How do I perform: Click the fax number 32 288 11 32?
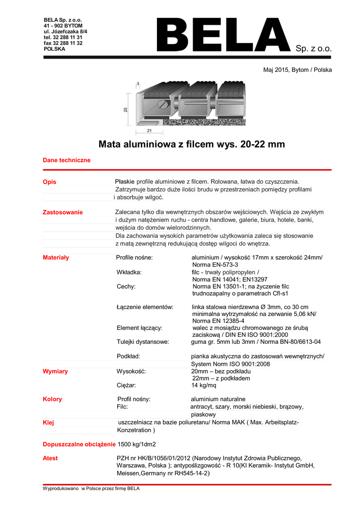[x=63, y=43]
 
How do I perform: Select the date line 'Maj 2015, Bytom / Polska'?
[x=297, y=70]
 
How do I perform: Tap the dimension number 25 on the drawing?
[x=126, y=110]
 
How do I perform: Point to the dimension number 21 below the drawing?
[x=149, y=130]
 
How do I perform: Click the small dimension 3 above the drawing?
[x=138, y=83]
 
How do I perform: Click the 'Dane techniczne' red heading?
[x=67, y=160]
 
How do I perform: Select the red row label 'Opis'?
[x=50, y=182]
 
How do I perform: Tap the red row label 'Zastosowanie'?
[x=63, y=212]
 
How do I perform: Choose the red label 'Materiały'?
[x=56, y=257]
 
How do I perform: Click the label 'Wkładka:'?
[x=129, y=272]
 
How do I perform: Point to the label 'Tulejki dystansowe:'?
[x=143, y=342]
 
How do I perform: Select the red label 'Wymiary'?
[x=56, y=371]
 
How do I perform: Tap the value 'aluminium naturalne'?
[x=218, y=399]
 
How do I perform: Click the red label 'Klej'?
[x=49, y=423]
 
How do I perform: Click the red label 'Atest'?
[x=50, y=458]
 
